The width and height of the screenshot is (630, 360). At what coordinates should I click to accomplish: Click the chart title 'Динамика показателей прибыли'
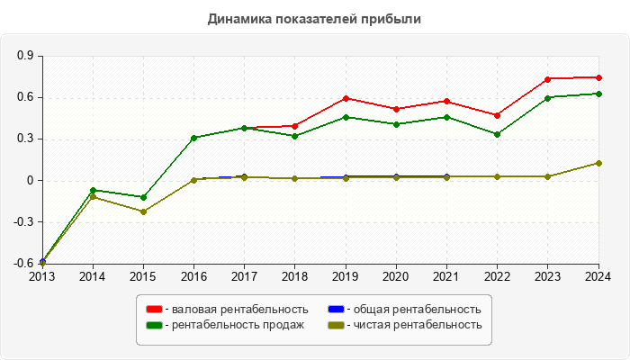[x=314, y=18]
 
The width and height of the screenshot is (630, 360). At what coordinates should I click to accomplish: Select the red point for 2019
[x=346, y=98]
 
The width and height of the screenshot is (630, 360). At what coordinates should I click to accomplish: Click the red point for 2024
[x=598, y=77]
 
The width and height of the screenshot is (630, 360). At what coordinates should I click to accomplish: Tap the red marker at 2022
[x=498, y=115]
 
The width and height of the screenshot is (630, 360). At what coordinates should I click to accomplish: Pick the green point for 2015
[x=143, y=197]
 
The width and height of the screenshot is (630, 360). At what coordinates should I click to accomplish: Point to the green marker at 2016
[x=193, y=138]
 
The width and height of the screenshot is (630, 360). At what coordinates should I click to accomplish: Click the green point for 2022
[x=498, y=134]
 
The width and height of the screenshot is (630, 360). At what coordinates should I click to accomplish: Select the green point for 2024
[x=598, y=94]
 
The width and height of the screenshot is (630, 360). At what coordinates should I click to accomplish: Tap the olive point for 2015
[x=143, y=211]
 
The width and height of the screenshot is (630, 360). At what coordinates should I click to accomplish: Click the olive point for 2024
[x=598, y=163]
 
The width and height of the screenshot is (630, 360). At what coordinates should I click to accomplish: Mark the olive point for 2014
[x=93, y=196]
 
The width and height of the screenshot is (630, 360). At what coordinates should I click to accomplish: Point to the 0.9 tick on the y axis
[x=25, y=56]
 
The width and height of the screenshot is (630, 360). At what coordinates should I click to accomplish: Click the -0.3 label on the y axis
[x=23, y=222]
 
